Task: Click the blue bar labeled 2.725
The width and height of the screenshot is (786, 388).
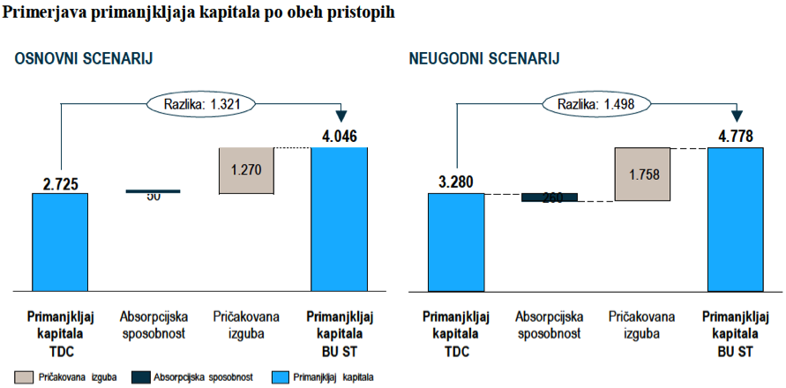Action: (60, 241)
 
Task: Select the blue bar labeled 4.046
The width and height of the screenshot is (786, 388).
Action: (339, 218)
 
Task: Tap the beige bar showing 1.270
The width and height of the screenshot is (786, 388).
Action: (246, 170)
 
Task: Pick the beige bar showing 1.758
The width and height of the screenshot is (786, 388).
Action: (642, 174)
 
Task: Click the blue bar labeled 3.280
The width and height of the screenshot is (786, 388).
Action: (456, 241)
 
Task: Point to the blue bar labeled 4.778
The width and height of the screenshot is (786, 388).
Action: (735, 218)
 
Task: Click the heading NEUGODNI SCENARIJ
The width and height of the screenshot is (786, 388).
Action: (484, 59)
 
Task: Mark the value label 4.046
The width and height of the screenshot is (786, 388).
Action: (340, 137)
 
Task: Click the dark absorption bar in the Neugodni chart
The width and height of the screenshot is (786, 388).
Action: (550, 198)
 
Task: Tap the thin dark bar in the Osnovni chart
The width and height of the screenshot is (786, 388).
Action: (153, 190)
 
